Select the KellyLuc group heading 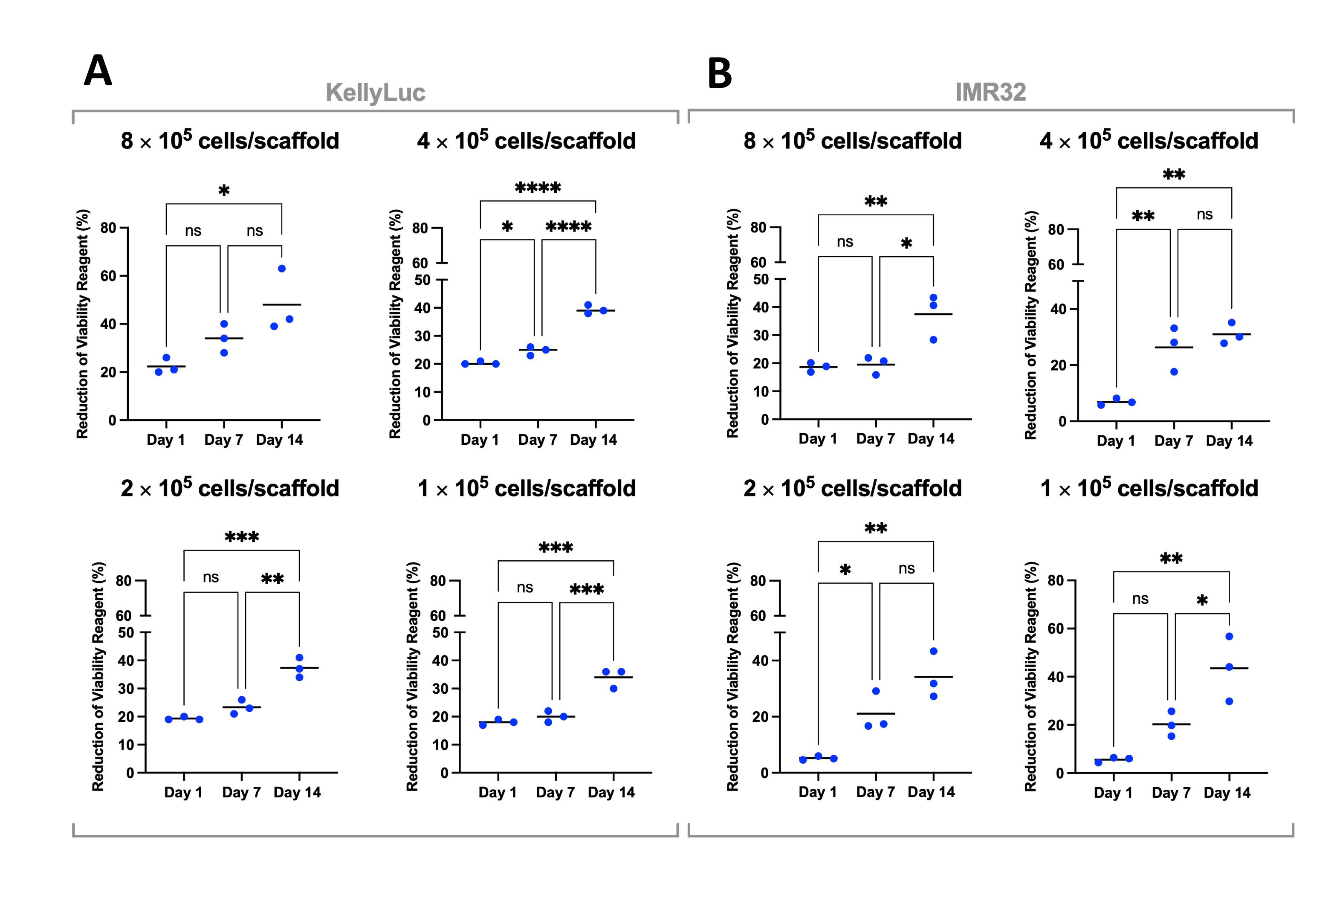click(x=375, y=92)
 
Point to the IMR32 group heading click(x=990, y=92)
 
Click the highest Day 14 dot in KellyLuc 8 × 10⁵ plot click(x=282, y=269)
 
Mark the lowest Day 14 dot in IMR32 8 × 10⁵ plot click(x=933, y=340)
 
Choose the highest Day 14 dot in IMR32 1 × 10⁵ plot click(x=1229, y=637)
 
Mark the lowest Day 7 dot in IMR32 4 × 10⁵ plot click(x=1174, y=372)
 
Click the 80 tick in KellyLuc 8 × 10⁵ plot click(x=108, y=228)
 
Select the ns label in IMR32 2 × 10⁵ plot click(x=906, y=568)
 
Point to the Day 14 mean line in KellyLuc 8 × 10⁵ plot click(x=282, y=304)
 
